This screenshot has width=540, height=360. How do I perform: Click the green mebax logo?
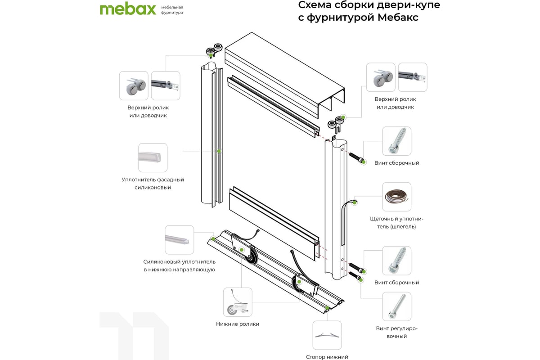click(127, 9)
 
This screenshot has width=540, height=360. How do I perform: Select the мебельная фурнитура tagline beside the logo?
click(172, 10)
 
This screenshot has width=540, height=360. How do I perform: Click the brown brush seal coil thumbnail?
click(396, 197)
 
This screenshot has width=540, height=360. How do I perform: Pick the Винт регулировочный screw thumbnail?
click(396, 306)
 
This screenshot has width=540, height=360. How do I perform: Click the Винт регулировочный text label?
click(396, 332)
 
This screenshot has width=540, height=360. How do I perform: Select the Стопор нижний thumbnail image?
click(327, 335)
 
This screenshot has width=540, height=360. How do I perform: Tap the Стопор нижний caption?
click(327, 357)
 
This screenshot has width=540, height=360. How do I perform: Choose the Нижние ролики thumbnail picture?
click(238, 302)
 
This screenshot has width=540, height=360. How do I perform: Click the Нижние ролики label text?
click(238, 324)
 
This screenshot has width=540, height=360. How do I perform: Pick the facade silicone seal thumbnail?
click(153, 157)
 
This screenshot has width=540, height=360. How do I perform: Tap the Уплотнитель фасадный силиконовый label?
click(153, 183)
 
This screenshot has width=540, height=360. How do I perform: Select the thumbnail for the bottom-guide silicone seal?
click(179, 240)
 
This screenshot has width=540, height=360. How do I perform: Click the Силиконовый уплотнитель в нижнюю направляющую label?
click(179, 265)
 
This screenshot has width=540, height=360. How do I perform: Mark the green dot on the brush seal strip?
click(355, 202)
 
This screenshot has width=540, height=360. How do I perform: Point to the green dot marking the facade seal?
click(219, 151)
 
